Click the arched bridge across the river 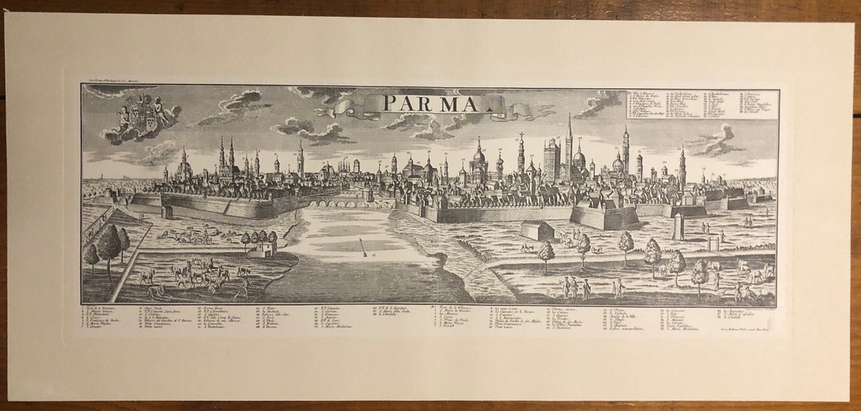point(351,202)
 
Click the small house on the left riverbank point(261,249)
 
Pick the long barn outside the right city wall point(537,229)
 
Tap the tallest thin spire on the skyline point(569,139)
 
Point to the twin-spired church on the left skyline point(226,158)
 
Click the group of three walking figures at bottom point(574,288)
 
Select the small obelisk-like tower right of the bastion point(679,227)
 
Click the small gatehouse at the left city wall point(167,212)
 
